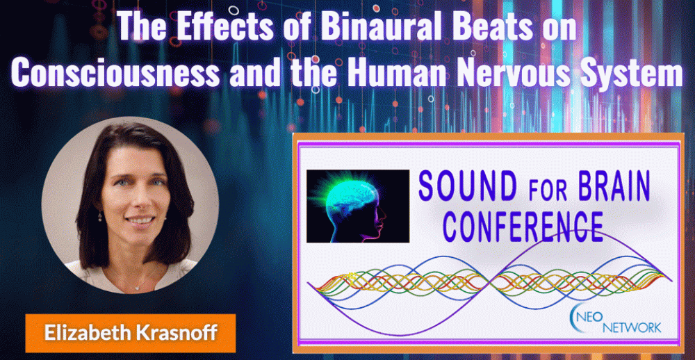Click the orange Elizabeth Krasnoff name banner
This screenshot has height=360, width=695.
(131, 334)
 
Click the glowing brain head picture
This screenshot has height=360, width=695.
(358, 206)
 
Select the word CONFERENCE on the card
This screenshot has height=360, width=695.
(523, 227)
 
